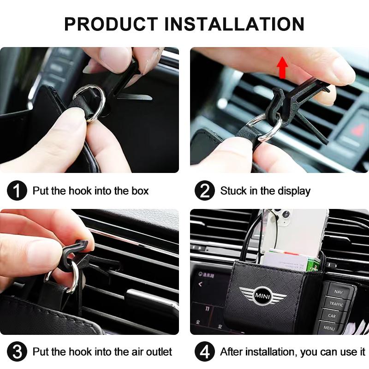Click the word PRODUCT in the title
(110, 24)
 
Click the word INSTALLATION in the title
(234, 24)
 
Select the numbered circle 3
(17, 352)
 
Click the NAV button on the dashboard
(339, 292)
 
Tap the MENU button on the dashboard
(329, 328)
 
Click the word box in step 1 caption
(138, 191)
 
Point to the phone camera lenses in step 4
(281, 217)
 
